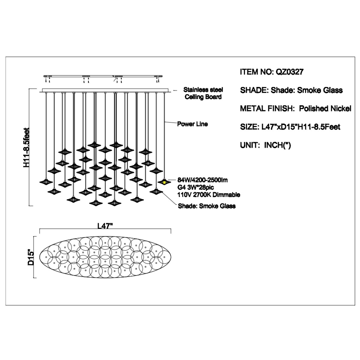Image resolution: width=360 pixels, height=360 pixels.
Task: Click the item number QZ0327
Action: pos(289,72)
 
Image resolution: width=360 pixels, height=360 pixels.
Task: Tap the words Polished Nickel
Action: pos(325,109)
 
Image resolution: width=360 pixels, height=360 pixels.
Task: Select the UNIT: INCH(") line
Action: pos(265,145)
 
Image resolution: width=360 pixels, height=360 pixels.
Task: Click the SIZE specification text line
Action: pos(290,127)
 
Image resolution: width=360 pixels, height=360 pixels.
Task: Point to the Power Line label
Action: pos(192,124)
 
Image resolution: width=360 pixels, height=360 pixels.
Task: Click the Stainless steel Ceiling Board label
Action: pos(203,93)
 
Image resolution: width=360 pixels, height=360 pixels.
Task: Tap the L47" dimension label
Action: pos(105,226)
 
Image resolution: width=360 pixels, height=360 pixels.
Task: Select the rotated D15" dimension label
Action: pos(31,257)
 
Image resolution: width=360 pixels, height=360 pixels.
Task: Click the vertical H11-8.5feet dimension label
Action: pos(26,147)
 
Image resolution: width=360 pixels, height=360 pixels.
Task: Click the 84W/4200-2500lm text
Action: pos(202,180)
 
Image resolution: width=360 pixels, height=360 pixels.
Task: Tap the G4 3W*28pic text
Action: pos(196,187)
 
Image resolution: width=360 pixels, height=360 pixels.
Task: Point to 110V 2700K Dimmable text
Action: pos(209,195)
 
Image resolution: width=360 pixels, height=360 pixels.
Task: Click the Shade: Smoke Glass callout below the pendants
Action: pos(207,206)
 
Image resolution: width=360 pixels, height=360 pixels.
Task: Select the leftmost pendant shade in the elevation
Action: pos(46,182)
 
